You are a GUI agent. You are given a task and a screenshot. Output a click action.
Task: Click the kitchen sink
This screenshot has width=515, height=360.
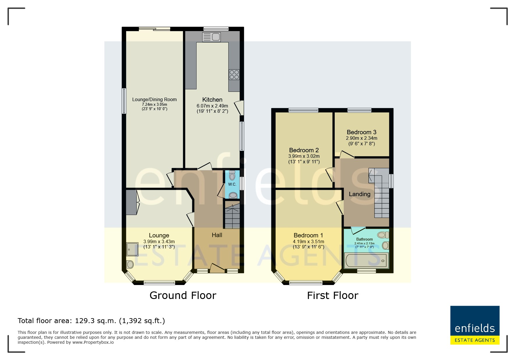click(x=211, y=37)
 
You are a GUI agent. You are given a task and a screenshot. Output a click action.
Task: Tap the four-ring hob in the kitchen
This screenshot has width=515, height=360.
click(x=234, y=74)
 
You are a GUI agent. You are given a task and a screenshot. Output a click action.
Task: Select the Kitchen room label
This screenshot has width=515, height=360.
click(x=212, y=100)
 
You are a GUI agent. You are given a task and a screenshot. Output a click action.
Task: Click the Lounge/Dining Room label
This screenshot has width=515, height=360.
click(x=154, y=99)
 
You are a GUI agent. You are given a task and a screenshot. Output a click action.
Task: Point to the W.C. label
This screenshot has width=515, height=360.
click(x=232, y=184)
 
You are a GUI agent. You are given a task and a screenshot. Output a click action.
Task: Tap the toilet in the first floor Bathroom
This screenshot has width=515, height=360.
click(x=383, y=235)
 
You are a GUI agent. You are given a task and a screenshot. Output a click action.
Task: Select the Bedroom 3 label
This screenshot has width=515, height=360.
click(x=361, y=132)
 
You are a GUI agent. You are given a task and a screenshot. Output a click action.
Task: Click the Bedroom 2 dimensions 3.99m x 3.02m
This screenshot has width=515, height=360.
click(x=304, y=156)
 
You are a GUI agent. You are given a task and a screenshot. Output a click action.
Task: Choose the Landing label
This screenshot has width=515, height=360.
click(x=359, y=194)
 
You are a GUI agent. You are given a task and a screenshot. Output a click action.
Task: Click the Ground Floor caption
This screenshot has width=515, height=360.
click(x=183, y=295)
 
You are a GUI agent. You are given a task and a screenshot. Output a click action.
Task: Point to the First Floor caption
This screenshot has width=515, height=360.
click(x=333, y=295)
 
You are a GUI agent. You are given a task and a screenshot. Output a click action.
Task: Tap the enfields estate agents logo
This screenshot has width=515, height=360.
click(x=475, y=325)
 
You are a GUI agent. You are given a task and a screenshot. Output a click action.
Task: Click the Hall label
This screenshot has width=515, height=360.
click(x=217, y=235)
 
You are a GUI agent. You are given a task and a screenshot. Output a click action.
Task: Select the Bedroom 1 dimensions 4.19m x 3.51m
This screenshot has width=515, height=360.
click(x=309, y=241)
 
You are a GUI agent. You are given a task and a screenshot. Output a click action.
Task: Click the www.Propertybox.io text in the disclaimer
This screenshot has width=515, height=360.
click(x=93, y=342)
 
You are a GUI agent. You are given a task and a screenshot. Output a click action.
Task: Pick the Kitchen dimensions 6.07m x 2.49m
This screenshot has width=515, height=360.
click(x=212, y=106)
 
